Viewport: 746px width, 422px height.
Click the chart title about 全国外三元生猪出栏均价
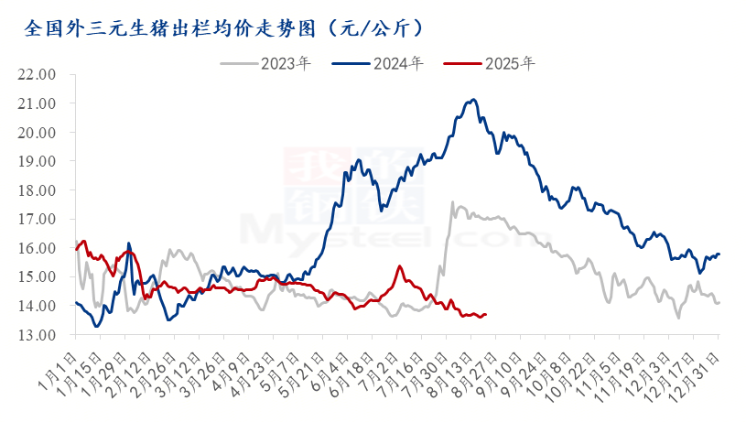(x=223, y=28)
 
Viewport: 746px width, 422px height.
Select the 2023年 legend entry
(x=265, y=63)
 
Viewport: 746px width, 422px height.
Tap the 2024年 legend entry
(x=378, y=63)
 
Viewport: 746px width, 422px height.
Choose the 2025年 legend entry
(x=490, y=63)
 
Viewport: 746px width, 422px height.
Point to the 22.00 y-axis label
(x=37, y=74)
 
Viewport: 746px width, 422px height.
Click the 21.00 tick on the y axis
(x=37, y=103)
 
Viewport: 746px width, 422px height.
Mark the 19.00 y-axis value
(x=37, y=161)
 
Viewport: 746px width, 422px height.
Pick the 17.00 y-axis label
(x=37, y=219)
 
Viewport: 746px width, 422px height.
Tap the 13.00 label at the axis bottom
(x=37, y=334)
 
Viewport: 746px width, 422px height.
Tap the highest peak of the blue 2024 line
(x=473, y=99)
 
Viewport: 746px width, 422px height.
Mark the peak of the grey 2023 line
(x=452, y=201)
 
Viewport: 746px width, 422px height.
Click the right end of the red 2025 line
(x=486, y=314)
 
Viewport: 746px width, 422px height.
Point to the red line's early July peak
(x=400, y=266)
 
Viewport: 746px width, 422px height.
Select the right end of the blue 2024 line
(x=719, y=254)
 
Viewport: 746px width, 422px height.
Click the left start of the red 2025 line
(x=76, y=249)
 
